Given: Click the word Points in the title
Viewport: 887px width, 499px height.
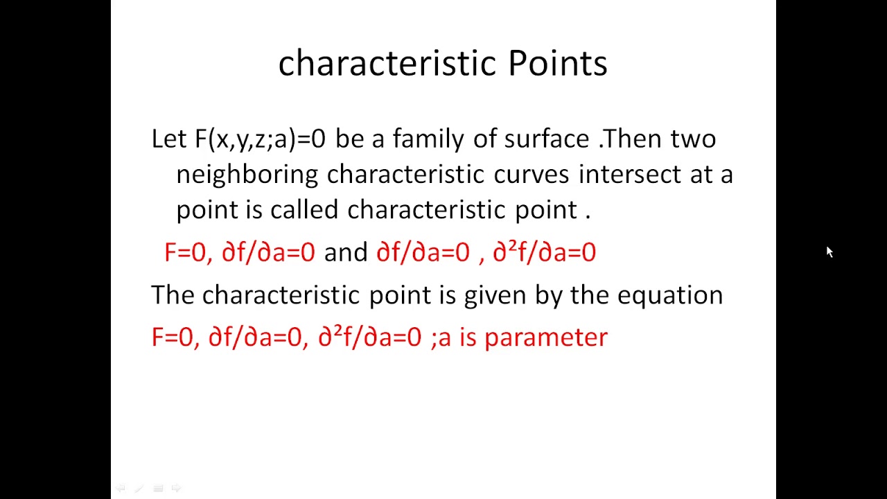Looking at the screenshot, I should [557, 63].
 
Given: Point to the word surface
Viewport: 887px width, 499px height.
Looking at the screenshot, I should [546, 139].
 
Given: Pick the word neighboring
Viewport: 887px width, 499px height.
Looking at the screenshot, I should [247, 175].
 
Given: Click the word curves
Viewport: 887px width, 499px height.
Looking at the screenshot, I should [531, 175].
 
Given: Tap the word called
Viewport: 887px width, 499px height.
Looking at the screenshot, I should [304, 210].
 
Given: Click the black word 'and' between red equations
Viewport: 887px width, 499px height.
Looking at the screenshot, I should [345, 253].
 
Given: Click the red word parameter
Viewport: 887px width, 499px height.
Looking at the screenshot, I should [545, 338].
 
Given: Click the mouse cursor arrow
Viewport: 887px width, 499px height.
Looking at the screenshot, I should [829, 252].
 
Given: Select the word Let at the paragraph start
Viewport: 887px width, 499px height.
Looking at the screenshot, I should [168, 139].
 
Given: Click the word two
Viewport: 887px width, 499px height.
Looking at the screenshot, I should [693, 139].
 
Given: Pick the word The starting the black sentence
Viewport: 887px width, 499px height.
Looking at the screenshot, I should [173, 295].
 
